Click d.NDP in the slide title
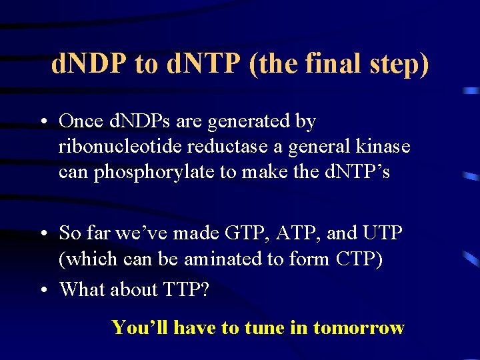click(x=88, y=65)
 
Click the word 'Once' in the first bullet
click(x=80, y=121)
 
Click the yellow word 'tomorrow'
click(x=359, y=327)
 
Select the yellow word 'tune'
click(x=265, y=327)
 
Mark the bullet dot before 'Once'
click(x=42, y=123)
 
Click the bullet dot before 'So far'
click(x=42, y=234)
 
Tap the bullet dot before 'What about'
click(x=42, y=291)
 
